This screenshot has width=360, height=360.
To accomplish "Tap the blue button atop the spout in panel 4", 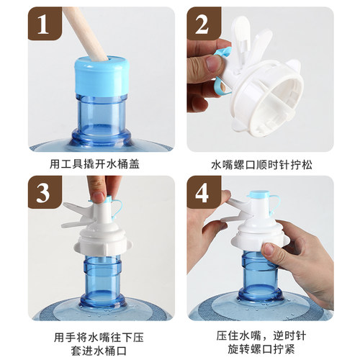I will pos(258,194).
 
